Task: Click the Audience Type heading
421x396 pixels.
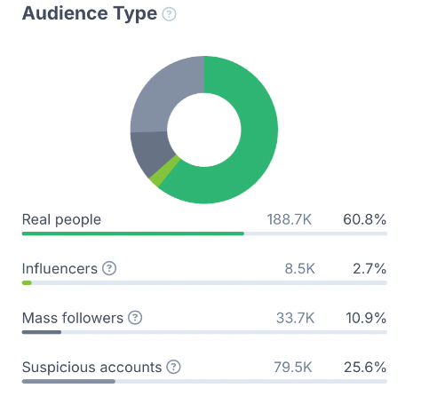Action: tap(90, 14)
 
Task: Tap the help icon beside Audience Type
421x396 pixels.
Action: tap(169, 14)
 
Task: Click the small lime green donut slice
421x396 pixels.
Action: tap(165, 171)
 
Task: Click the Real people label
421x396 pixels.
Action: tap(61, 220)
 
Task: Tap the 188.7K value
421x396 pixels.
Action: tap(290, 220)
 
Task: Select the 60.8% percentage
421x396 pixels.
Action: tap(365, 220)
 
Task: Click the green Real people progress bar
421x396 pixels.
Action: tap(133, 234)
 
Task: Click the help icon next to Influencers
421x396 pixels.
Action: tap(109, 268)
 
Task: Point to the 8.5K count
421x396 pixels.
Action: tap(299, 269)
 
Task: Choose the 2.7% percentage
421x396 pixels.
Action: tap(369, 269)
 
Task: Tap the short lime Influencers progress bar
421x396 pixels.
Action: tap(27, 283)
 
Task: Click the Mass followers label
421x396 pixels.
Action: tap(73, 318)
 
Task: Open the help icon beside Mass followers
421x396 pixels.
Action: tap(135, 318)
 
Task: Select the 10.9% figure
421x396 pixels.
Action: tap(366, 318)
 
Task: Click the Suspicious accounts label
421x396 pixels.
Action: tap(91, 368)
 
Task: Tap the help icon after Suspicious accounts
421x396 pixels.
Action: tap(173, 367)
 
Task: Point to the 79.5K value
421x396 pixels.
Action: tap(293, 368)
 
